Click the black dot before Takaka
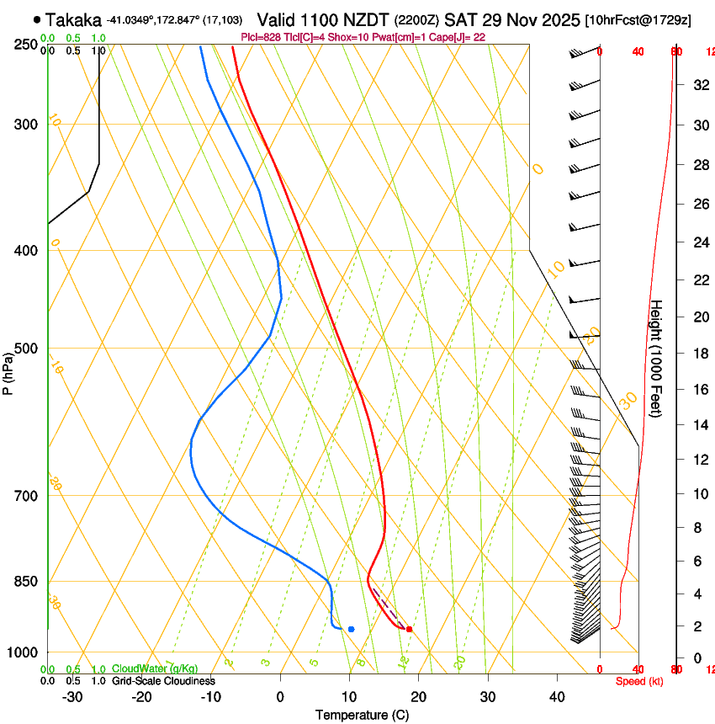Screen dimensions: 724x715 [x=37, y=19]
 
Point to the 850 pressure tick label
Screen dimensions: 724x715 [x=25, y=582]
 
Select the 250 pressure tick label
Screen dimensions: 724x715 [x=25, y=45]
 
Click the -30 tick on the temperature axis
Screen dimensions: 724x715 [x=72, y=697]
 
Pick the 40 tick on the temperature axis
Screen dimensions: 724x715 [x=557, y=697]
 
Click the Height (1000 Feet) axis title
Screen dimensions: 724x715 [x=657, y=358]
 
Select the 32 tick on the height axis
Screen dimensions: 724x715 [x=699, y=84]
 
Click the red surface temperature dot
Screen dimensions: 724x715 [x=409, y=629]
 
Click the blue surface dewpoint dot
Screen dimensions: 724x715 [x=351, y=629]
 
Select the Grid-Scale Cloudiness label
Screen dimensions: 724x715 [x=163, y=680]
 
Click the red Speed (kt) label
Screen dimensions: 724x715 [x=639, y=681]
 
